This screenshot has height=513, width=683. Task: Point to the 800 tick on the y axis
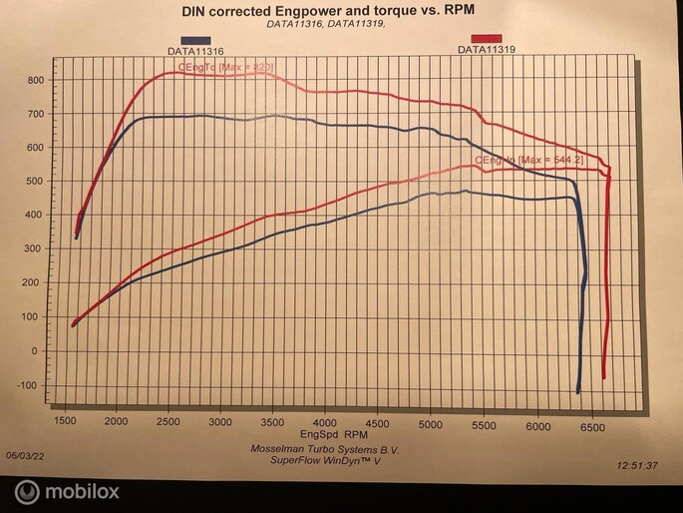pos(33,80)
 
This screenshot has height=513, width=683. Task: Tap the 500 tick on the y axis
pos(33,181)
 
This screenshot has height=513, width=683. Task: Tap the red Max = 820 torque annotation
pos(225,67)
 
